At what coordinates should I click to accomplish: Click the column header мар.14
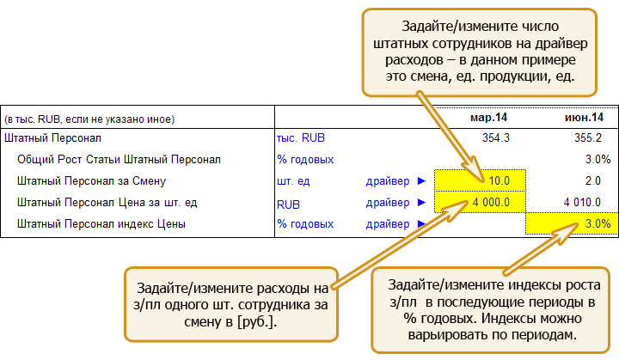pos(488,118)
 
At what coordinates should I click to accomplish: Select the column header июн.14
pos(584,118)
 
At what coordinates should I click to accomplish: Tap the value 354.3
pos(496,137)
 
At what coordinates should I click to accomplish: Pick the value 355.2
pos(588,137)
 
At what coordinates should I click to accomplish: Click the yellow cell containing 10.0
pos(480,180)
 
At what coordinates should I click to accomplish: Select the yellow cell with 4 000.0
pos(480,202)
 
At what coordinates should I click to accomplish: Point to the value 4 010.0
pos(582,202)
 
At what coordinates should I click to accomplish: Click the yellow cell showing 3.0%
pos(572,223)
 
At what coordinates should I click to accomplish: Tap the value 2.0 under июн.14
pos(592,180)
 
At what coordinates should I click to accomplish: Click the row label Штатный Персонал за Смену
pos(92,180)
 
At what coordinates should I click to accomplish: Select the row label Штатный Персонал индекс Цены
pos(101,223)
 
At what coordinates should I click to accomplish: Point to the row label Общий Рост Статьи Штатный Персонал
pos(119,160)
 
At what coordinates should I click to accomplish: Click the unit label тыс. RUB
pos(301,137)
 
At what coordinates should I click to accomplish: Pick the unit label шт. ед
pos(293,181)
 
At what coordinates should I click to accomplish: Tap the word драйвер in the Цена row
pos(388,203)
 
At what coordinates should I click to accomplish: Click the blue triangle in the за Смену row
pos(421,180)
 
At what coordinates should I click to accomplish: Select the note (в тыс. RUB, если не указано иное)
pos(89,119)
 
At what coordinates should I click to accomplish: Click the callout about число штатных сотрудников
pos(480,52)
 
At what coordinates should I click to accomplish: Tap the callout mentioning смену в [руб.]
pos(231,304)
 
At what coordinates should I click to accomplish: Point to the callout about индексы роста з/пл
pos(491,310)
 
